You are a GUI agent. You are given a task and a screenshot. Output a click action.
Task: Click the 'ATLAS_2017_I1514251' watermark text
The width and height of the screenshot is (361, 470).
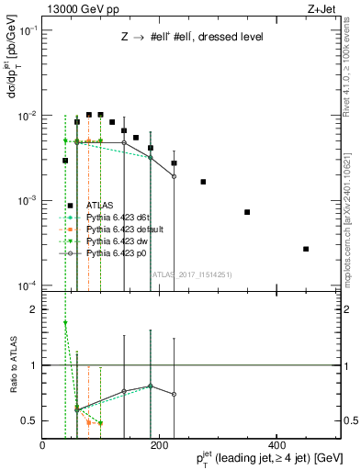184,273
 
